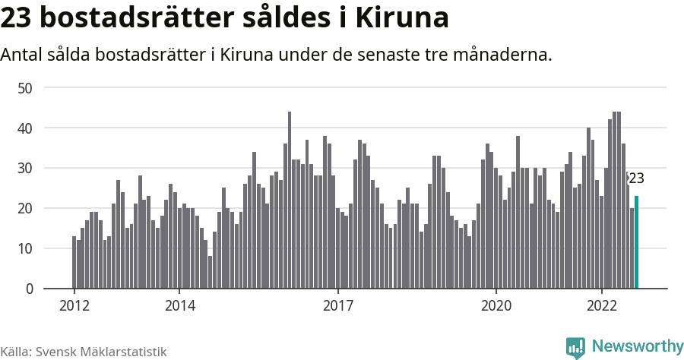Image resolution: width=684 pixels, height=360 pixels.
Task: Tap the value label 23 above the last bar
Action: [635, 179]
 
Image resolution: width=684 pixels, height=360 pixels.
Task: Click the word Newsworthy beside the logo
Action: [637, 346]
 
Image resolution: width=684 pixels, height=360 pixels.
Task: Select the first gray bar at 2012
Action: [74, 262]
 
